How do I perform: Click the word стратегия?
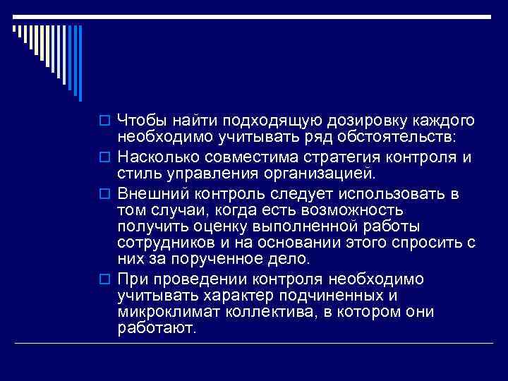340,156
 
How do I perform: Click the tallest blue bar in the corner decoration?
82,64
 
